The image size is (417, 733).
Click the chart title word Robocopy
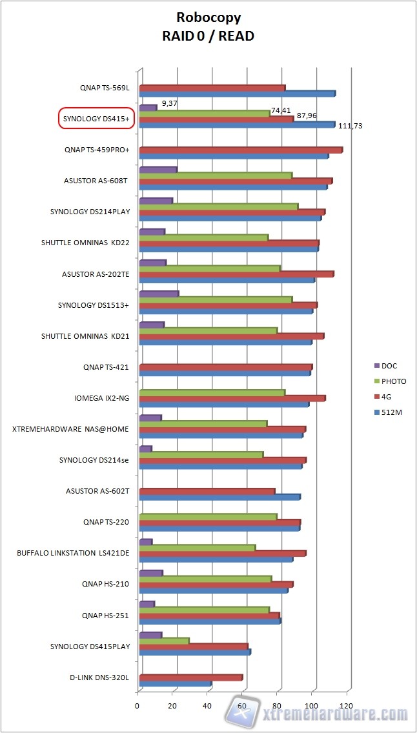(208, 17)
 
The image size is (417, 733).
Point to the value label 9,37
(170, 102)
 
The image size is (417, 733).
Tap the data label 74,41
(280, 110)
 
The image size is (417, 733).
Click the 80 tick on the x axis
(278, 706)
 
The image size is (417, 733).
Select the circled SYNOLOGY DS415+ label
(96, 119)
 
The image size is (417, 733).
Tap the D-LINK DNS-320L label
(99, 678)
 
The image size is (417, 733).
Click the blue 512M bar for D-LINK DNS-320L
(175, 683)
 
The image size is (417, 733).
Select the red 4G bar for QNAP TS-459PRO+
(240, 150)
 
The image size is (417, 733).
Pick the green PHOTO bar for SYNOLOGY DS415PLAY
(164, 641)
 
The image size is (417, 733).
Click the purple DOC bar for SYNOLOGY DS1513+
(159, 294)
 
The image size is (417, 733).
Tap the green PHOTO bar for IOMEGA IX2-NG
(212, 392)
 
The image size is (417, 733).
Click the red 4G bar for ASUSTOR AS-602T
(207, 492)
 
